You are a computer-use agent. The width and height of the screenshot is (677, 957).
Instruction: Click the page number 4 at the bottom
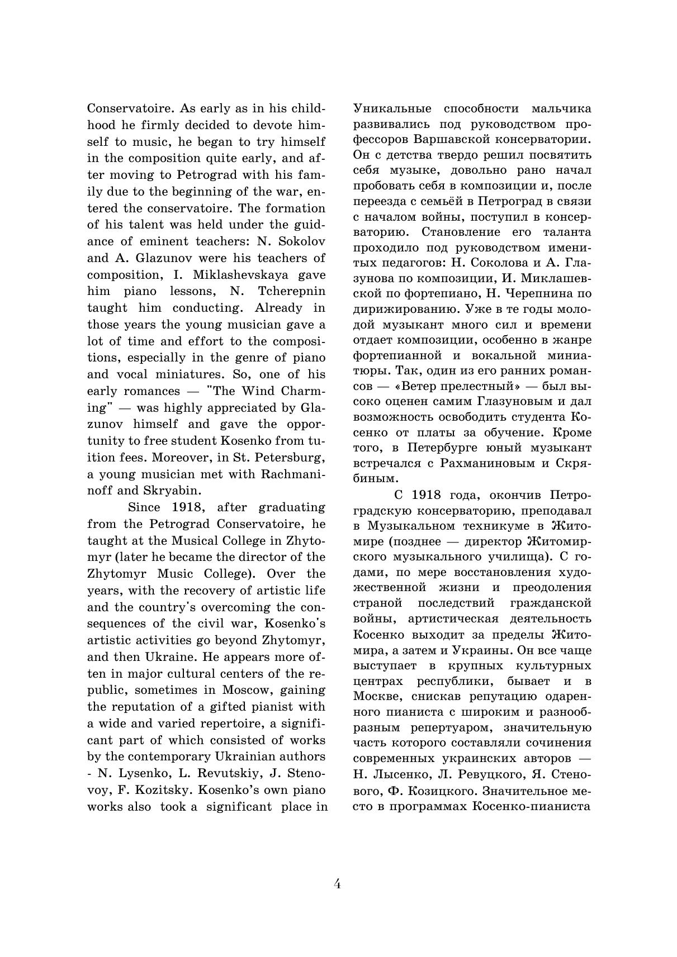tap(337, 884)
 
